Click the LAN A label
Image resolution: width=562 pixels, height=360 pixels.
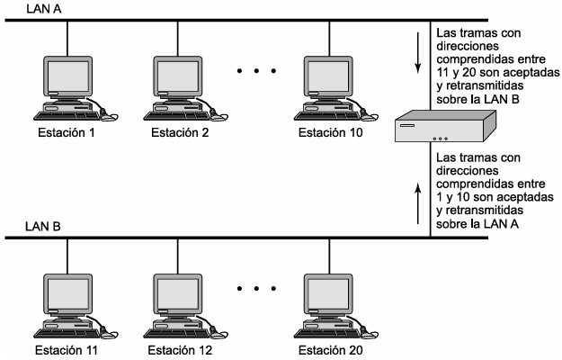click(x=44, y=9)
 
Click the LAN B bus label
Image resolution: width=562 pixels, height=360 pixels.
click(x=43, y=227)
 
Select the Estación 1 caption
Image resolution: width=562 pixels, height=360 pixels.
click(x=67, y=132)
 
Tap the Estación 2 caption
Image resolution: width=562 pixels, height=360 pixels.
click(x=180, y=132)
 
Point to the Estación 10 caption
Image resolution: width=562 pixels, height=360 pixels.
click(x=331, y=132)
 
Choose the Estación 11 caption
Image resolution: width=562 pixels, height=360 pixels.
click(x=67, y=350)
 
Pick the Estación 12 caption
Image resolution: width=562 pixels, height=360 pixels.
click(x=180, y=350)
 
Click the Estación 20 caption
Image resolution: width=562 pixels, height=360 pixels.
click(x=331, y=350)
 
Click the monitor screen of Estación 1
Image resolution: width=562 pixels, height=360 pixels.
click(x=68, y=76)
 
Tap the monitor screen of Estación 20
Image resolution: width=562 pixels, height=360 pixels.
click(x=328, y=293)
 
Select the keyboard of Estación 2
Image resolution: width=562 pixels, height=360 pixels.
click(x=175, y=115)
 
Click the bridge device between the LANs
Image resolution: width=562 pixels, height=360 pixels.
click(x=445, y=126)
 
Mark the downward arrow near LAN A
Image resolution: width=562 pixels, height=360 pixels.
click(x=417, y=53)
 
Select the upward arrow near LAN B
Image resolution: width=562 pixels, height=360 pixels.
click(x=417, y=203)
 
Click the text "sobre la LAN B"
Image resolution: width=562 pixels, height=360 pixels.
click(x=477, y=99)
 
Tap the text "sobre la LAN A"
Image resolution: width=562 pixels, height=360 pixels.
click(x=477, y=224)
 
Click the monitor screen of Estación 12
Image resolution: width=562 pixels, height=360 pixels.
click(x=178, y=293)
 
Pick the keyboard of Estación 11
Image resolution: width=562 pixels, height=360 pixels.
click(x=66, y=334)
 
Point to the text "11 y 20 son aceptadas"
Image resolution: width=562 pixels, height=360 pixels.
click(x=498, y=72)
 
